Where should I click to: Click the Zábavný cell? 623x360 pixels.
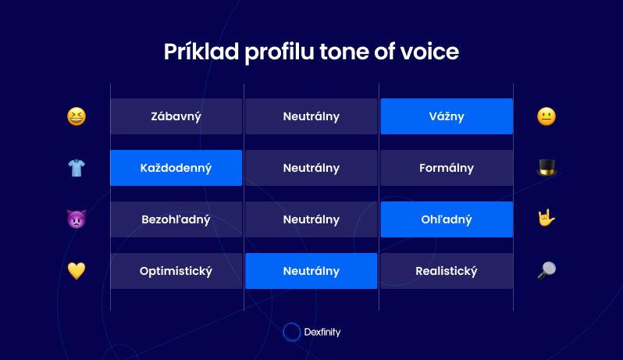[x=176, y=116]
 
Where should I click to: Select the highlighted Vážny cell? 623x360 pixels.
[x=447, y=116]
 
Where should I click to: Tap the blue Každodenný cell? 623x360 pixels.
[x=176, y=168]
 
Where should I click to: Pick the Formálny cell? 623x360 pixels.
[x=447, y=168]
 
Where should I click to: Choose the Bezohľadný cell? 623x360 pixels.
[x=176, y=219]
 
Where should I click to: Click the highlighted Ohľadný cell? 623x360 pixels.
[x=447, y=219]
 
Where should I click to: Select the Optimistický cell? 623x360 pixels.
[x=176, y=271]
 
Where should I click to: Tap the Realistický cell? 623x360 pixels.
[x=447, y=271]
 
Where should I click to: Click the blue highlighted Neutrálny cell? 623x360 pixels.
[x=311, y=271]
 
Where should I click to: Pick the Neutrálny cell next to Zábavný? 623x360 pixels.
[x=311, y=116]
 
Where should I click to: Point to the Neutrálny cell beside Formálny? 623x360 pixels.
[x=311, y=168]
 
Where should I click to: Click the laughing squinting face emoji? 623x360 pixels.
[x=77, y=116]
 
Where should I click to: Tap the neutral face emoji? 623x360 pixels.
[x=546, y=116]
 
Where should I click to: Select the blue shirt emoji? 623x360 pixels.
[x=77, y=168]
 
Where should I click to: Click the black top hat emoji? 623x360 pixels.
[x=546, y=167]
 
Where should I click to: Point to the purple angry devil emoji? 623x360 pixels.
[x=77, y=219]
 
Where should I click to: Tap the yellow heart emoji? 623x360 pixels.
[x=77, y=271]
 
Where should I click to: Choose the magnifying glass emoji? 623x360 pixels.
[x=546, y=271]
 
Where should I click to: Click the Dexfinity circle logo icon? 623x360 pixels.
[x=292, y=332]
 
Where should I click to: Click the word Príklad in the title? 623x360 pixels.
[x=201, y=52]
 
